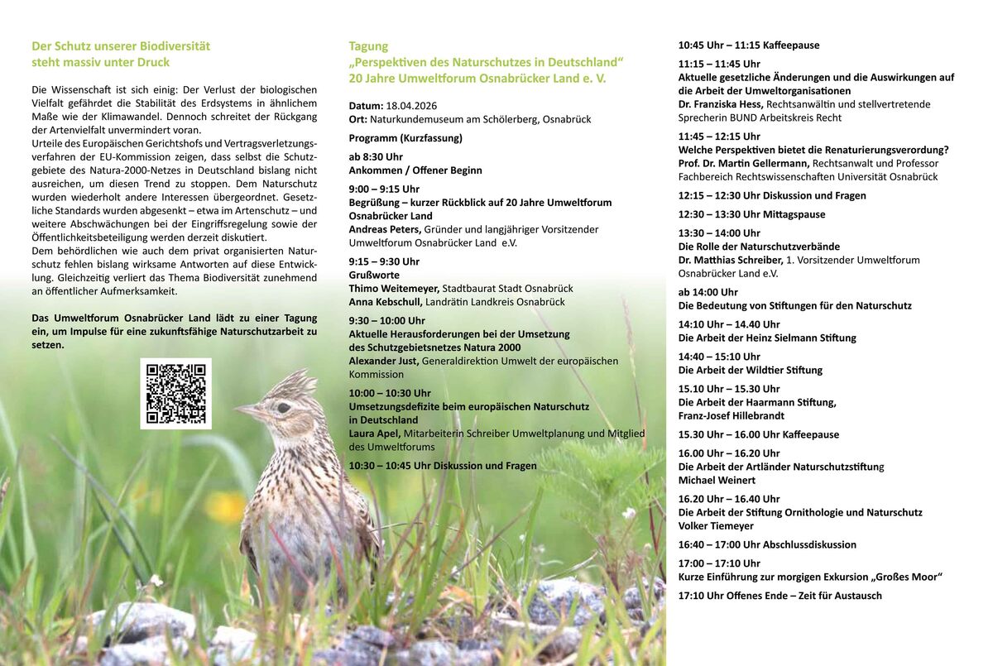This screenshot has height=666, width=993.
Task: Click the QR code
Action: pos(175,394)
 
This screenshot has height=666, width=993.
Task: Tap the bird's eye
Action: pos(283,407)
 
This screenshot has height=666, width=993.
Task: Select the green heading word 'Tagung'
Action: pos(368,46)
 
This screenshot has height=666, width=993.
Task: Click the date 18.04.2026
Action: pos(411,106)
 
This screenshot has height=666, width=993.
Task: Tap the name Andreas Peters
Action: pos(385,229)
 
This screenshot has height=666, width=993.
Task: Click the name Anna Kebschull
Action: pos(386,302)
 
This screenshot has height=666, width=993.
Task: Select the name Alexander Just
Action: pos(384,361)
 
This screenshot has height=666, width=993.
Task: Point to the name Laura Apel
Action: pos(375,434)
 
